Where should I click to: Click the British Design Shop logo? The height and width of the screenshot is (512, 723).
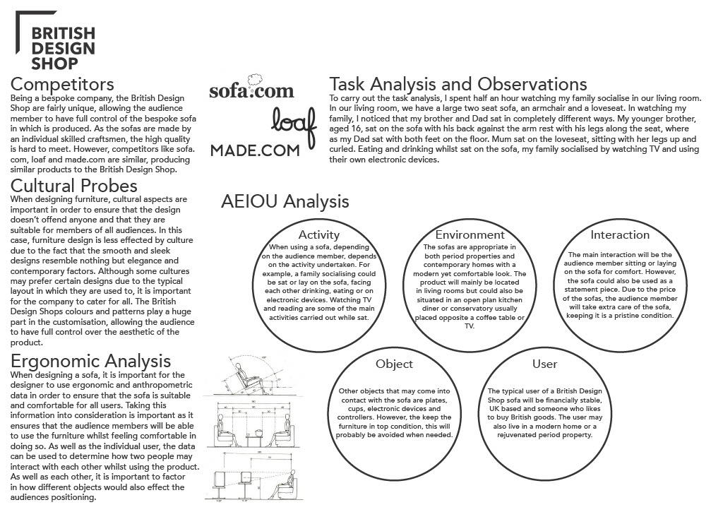point(62,48)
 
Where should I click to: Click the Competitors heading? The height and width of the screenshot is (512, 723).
point(62,84)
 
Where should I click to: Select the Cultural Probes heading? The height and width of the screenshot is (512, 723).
point(74,186)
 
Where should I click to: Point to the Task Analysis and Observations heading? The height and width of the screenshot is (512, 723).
point(458,84)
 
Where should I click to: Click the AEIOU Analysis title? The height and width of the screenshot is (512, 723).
point(285,201)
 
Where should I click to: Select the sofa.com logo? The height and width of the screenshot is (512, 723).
point(251,90)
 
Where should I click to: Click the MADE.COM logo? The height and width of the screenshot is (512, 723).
point(255,150)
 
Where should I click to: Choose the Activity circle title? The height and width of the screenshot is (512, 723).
point(319,234)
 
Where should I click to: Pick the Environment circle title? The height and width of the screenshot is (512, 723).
point(470,234)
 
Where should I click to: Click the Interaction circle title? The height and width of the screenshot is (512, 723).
point(620,234)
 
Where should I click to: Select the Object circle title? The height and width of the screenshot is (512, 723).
point(394,364)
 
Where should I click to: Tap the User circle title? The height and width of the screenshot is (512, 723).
point(544,364)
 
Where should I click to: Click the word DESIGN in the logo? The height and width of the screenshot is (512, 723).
point(64,48)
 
